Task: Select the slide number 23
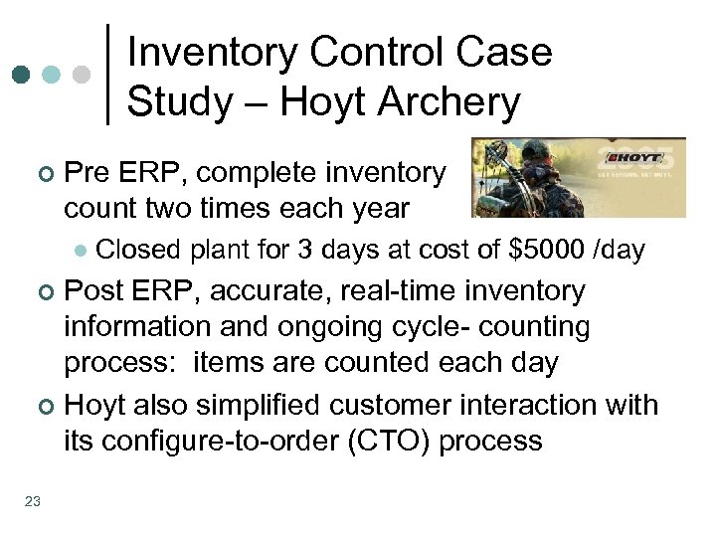(32, 501)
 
